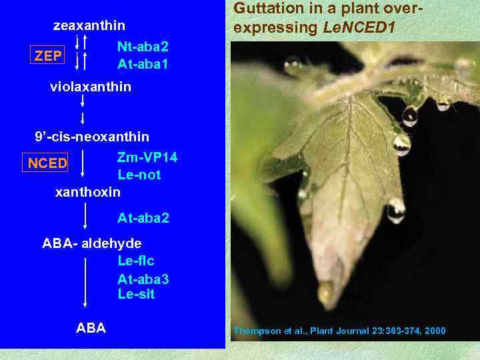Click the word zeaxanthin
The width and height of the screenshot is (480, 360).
(x=89, y=26)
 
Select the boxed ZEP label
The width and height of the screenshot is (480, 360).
(x=47, y=56)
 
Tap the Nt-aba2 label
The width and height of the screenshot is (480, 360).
(x=143, y=47)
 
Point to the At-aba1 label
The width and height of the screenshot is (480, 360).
(x=143, y=65)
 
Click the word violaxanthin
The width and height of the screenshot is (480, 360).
(x=91, y=87)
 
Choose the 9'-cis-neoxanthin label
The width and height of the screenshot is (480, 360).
(x=92, y=137)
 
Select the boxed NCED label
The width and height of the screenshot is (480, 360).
(x=47, y=163)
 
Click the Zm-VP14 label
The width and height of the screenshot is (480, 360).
(x=147, y=157)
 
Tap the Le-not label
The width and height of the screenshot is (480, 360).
(x=139, y=175)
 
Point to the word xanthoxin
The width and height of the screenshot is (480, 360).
(x=87, y=193)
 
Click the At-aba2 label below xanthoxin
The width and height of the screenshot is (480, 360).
(x=143, y=218)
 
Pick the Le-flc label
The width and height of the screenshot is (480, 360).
(x=136, y=261)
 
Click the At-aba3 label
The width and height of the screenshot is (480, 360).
(x=143, y=278)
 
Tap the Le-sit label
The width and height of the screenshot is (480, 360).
(x=136, y=294)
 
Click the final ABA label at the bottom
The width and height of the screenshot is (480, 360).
(x=91, y=328)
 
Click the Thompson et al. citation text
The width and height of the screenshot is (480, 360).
(x=339, y=331)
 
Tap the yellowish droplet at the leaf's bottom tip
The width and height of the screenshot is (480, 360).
(x=326, y=292)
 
